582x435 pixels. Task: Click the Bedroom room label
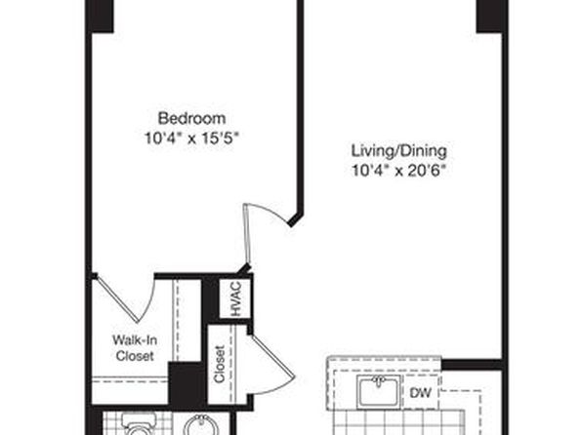192,119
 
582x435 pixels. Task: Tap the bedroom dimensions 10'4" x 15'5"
191,138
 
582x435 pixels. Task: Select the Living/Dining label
399,151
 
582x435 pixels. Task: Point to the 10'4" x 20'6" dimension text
398,171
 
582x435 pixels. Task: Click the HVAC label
236,298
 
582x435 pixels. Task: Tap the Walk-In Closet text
135,348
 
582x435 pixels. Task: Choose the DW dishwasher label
421,392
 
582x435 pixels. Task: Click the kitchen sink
379,392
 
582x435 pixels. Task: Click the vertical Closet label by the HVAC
220,364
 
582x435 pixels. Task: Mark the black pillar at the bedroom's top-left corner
100,16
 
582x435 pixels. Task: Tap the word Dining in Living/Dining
425,151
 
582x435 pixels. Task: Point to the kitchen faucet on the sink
379,380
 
